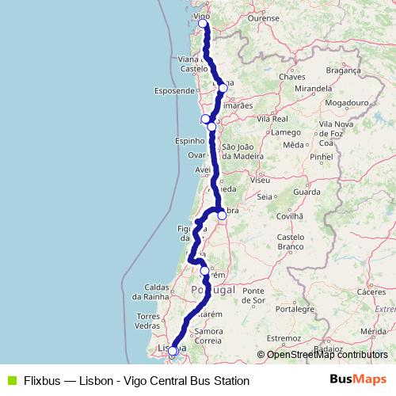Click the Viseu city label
tap(259, 181)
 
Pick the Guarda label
tap(307, 192)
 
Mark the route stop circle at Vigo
tap(203, 24)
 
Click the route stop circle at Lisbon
tap(173, 351)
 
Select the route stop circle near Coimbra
tap(222, 215)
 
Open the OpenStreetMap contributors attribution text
tap(326, 355)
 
